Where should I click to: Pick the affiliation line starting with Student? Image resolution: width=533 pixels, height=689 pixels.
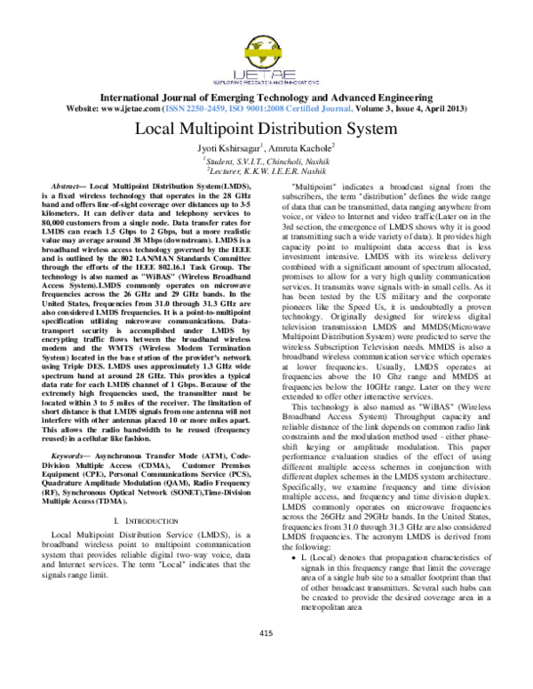click(x=266, y=160)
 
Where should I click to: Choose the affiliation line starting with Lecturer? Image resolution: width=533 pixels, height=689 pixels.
click(x=266, y=170)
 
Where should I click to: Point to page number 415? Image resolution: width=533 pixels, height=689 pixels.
click(x=266, y=658)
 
